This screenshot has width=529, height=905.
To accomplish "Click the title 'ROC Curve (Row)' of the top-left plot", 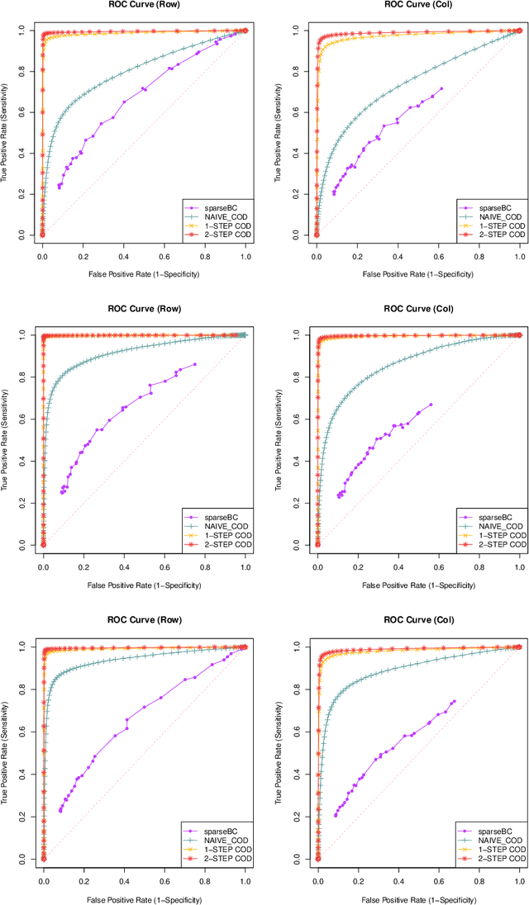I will click(145, 6).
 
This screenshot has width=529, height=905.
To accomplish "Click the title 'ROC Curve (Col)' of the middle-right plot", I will click(418, 310).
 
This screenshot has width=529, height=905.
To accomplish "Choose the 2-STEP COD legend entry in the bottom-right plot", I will click(497, 859).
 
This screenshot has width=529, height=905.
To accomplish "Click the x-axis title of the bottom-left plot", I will click(145, 898).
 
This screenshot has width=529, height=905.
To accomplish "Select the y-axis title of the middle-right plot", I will click(280, 439).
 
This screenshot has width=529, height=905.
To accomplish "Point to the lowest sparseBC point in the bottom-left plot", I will click(60, 811).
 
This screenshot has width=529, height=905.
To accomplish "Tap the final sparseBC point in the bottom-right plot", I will click(454, 702).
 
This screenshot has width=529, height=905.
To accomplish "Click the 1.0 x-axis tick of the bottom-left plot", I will click(245, 882).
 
